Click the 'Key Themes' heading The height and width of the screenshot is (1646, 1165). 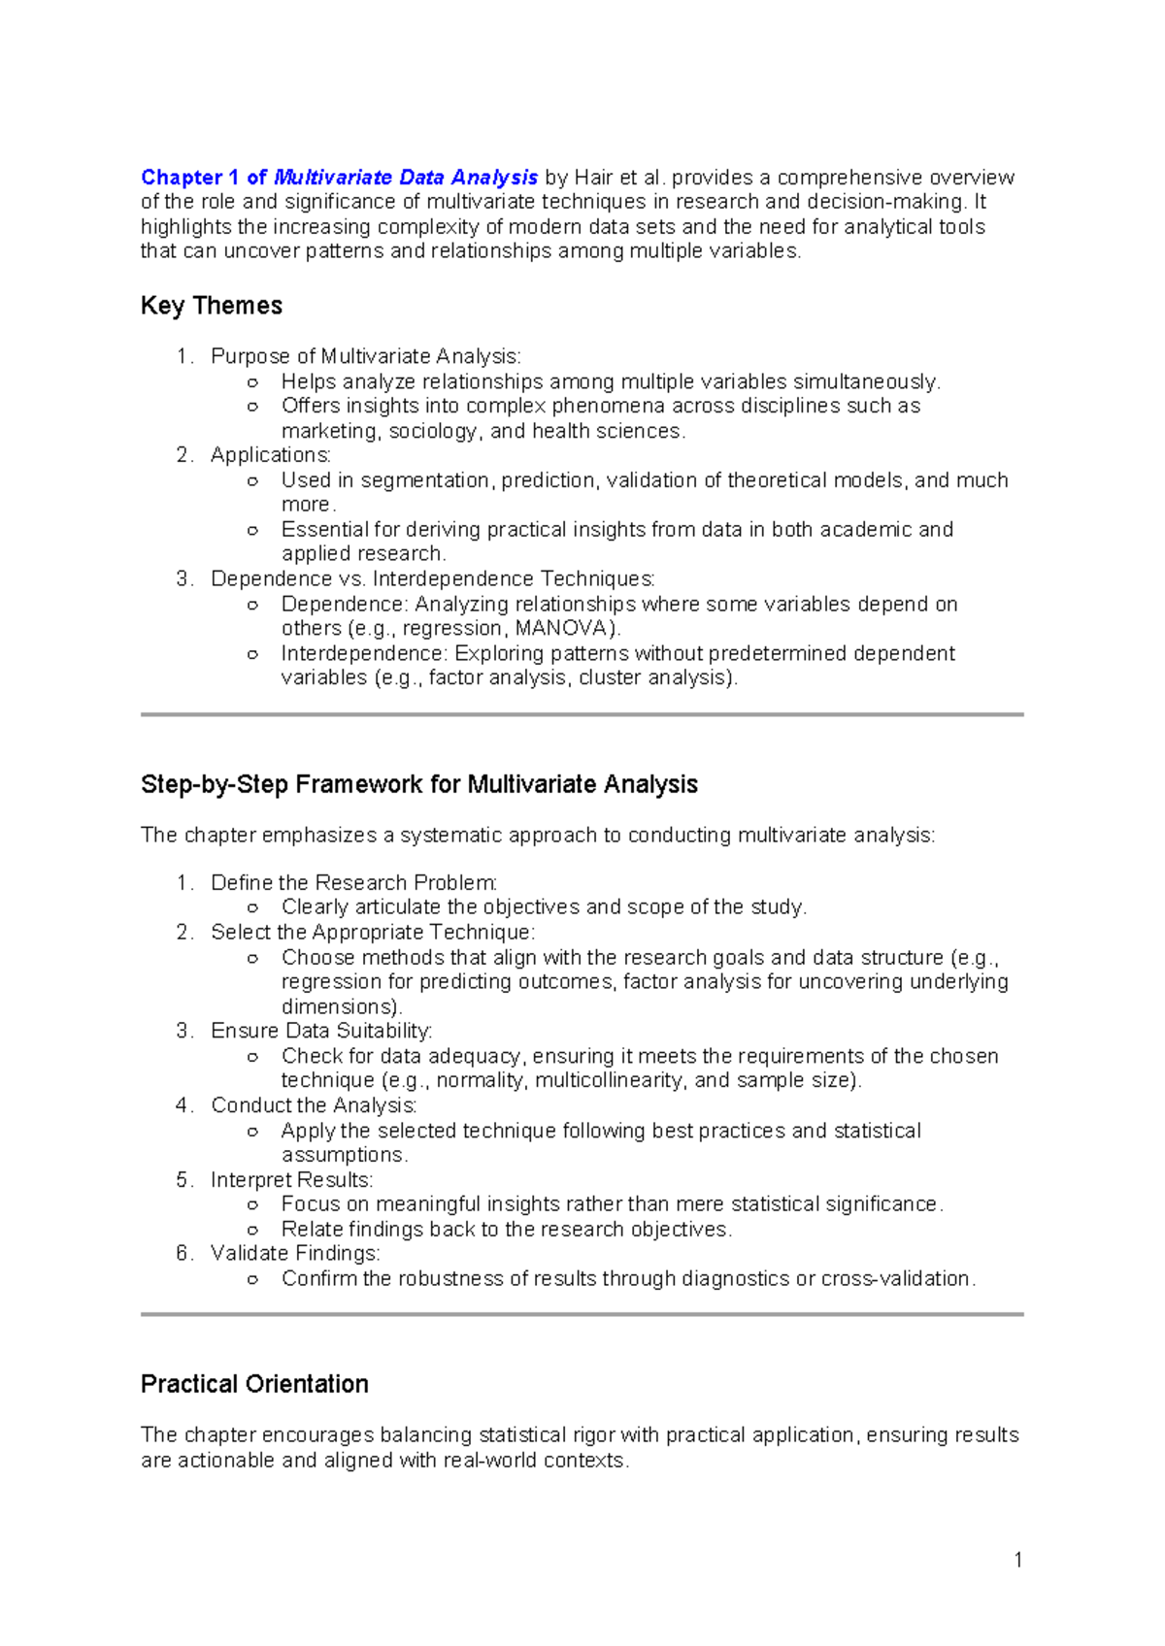click(x=211, y=306)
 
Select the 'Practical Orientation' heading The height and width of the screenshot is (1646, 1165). click(x=254, y=1384)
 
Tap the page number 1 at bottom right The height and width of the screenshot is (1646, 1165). click(x=1017, y=1560)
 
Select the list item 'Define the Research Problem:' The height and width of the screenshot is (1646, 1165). click(x=353, y=882)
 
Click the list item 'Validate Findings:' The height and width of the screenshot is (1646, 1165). click(x=295, y=1253)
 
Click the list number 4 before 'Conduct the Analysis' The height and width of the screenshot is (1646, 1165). click(x=183, y=1105)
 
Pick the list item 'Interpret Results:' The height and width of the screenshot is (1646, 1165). click(x=291, y=1179)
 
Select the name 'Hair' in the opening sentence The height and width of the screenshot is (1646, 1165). click(x=593, y=178)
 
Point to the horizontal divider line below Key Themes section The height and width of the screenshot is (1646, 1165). click(x=582, y=714)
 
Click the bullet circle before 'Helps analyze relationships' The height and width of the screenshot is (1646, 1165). click(x=252, y=382)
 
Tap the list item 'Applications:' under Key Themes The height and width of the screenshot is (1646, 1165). click(x=270, y=455)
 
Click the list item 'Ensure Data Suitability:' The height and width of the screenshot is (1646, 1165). click(x=320, y=1031)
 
